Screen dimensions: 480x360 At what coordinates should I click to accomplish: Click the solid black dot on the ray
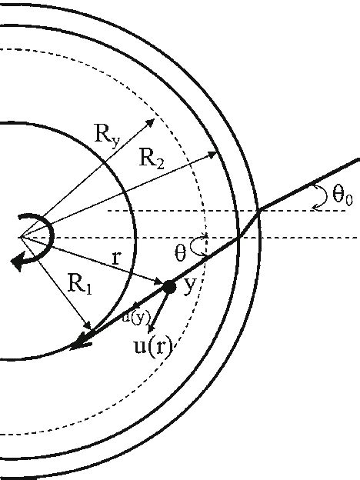pos(169,287)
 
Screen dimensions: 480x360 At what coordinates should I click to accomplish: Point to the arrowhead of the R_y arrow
pos(154,121)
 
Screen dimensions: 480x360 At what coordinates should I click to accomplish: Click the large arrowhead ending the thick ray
pos(75,345)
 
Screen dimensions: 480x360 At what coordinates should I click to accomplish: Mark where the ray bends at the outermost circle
pos(261,208)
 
